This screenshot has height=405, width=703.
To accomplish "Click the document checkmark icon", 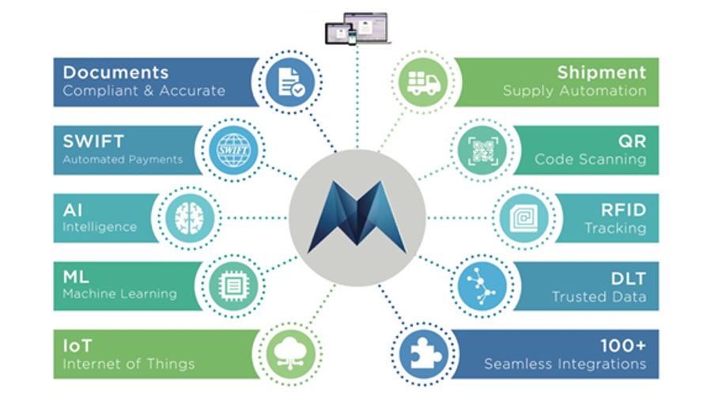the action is [290, 82].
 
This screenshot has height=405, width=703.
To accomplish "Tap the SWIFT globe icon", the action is [233, 150].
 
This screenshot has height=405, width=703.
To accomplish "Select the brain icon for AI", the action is [190, 218].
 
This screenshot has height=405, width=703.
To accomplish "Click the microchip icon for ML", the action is [233, 286].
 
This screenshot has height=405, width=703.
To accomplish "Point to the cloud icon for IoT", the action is [290, 354].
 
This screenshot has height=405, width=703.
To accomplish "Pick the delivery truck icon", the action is [423, 82].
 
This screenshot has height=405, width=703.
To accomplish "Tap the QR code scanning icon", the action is [482, 150].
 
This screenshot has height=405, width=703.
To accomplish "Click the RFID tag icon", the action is [524, 218].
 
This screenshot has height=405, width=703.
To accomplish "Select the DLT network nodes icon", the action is [482, 286].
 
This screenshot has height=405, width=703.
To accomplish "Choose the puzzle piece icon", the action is [423, 354].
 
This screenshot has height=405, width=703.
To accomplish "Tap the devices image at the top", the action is [357, 28].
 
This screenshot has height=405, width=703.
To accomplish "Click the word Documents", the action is [115, 73].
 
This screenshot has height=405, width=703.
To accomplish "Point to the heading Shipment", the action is [602, 73].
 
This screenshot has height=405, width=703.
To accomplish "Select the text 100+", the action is [623, 346].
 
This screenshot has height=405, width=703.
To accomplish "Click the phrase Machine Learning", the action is [119, 293].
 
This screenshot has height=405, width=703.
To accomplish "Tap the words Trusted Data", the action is [599, 297].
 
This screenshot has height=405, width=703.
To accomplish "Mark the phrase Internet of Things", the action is [129, 364].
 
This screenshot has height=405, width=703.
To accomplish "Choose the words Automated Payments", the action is [123, 160].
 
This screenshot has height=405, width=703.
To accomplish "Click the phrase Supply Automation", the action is [575, 91].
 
